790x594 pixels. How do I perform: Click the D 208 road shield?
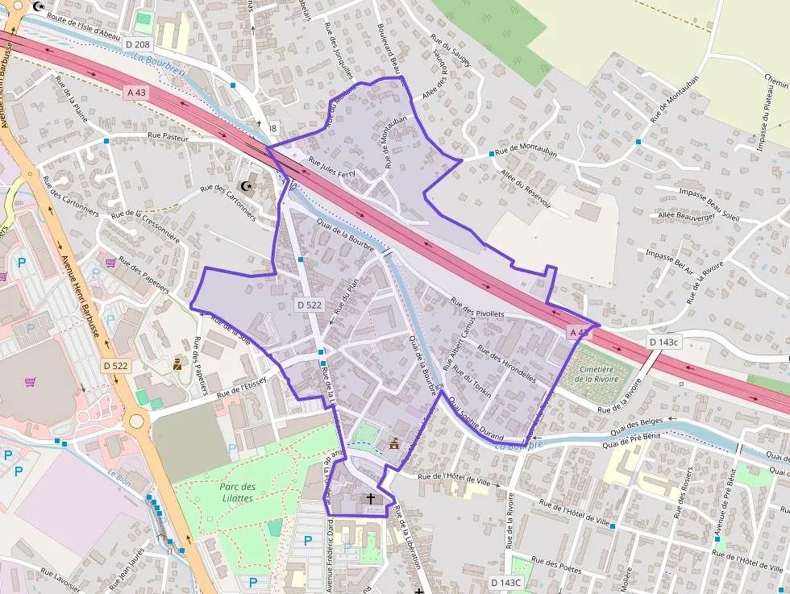(x=138, y=44)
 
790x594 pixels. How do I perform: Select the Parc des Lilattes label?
(x=237, y=492)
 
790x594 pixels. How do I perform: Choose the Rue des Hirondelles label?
(x=507, y=363)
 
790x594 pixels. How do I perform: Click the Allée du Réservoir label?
(x=525, y=189)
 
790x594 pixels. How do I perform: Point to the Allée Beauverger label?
(x=688, y=217)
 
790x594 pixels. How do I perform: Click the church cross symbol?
(x=371, y=499)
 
